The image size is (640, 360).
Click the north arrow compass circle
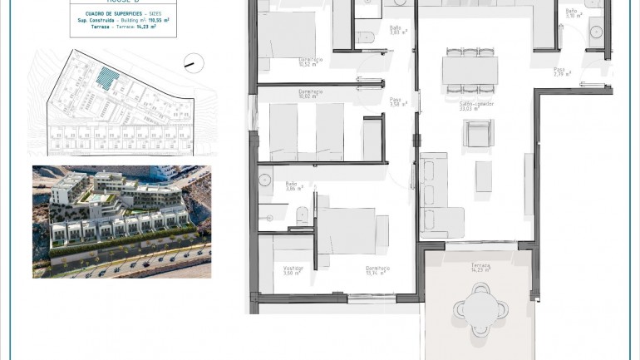tap(192, 62)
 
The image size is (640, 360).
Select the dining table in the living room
tap(470, 70)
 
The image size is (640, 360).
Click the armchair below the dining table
tap(479, 134)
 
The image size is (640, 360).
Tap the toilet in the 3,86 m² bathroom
tap(303, 216)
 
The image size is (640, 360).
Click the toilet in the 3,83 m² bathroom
tap(367, 36)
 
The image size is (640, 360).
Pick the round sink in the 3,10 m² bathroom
tap(595, 32)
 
